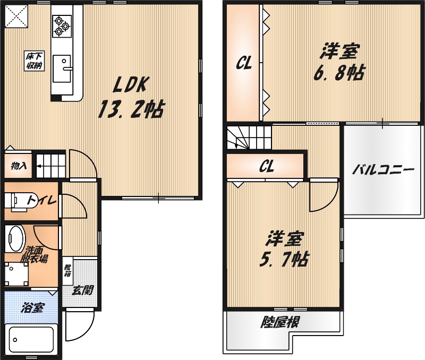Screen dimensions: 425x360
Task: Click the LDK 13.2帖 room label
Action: click(131, 98)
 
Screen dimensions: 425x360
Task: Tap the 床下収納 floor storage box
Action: click(35, 61)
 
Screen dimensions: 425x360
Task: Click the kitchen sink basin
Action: click(62, 69)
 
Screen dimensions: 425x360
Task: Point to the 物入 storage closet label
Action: click(19, 166)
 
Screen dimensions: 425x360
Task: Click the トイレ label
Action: click(41, 200)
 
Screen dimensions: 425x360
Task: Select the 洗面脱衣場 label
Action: click(34, 254)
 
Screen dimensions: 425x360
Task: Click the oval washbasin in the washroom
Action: click(15, 239)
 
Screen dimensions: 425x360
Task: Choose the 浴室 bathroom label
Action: click(32, 308)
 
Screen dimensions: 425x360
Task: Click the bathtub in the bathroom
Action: click(31, 340)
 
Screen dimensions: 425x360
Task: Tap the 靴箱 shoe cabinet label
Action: click(67, 271)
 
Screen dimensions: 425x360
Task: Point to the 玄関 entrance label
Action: click(83, 290)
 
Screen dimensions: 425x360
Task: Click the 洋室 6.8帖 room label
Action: click(340, 62)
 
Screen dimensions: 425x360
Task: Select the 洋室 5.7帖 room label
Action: click(284, 248)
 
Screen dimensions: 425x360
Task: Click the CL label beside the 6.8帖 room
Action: click(244, 63)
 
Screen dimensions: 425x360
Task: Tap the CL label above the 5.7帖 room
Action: click(267, 166)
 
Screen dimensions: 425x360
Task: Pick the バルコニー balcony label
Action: click(383, 170)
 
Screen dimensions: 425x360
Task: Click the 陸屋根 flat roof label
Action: click(280, 322)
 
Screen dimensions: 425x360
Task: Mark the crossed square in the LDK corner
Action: click(16, 16)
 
